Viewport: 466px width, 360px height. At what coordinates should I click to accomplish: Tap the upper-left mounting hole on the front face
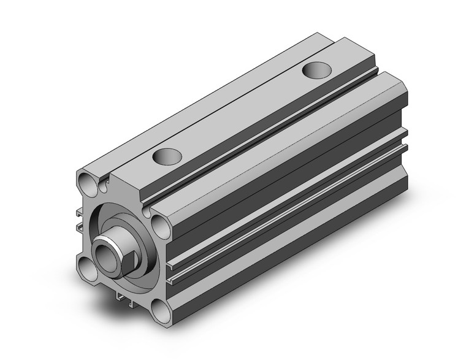point(86,181)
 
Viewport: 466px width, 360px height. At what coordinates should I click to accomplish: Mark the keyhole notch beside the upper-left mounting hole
point(105,181)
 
